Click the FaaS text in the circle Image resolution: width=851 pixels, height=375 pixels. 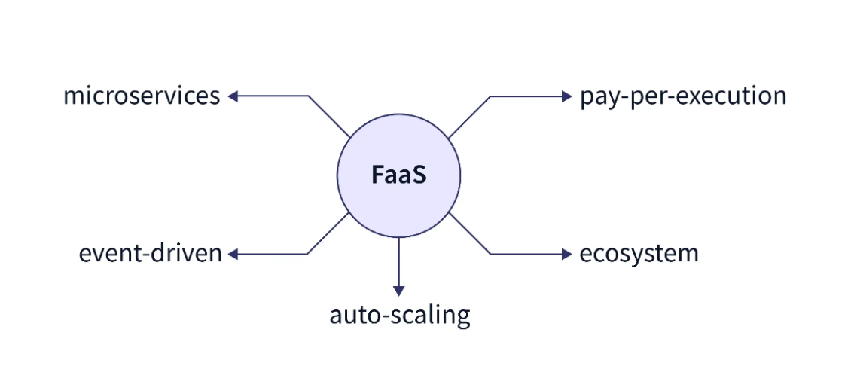tap(398, 176)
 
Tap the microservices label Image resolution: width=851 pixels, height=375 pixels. tap(142, 96)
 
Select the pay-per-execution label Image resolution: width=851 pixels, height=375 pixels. tap(683, 97)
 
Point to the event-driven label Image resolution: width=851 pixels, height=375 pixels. tap(151, 254)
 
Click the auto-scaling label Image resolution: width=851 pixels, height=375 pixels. tap(399, 314)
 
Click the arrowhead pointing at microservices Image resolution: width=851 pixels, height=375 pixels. tap(233, 96)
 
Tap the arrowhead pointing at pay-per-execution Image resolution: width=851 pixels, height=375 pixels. tap(568, 96)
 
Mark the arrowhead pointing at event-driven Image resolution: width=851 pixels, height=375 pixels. tap(233, 255)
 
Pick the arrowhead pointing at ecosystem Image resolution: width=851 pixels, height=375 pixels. tap(568, 255)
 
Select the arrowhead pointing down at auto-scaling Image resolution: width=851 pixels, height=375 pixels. tap(399, 291)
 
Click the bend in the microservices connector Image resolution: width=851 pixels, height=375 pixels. tap(309, 96)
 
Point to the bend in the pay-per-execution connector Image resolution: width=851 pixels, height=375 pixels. tap(490, 96)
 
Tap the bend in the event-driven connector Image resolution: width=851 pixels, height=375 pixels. tap(309, 255)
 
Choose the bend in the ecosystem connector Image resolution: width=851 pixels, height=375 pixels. tap(490, 255)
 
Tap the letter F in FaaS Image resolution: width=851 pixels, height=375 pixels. tap(377, 176)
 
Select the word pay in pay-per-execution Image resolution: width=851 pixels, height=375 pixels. tap(596, 98)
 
